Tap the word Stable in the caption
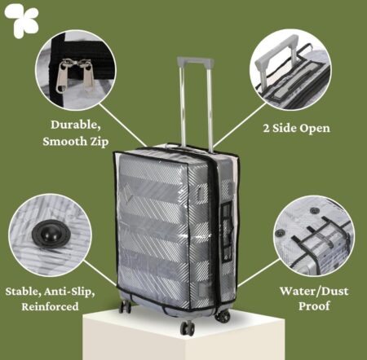tap(24, 292)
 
